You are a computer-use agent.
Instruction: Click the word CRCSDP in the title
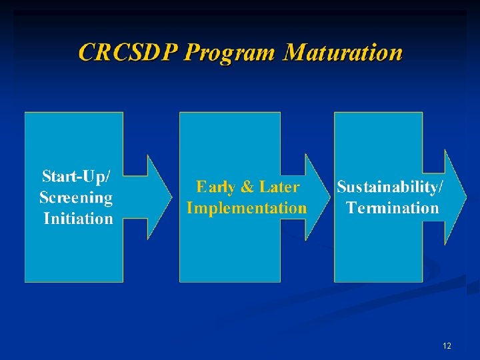click(127, 52)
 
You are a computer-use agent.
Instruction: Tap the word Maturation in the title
click(342, 52)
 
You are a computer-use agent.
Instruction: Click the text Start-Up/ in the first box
click(77, 177)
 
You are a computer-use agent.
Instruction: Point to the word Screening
click(76, 197)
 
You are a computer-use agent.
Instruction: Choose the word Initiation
click(78, 218)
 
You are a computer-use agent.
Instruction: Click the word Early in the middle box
click(215, 187)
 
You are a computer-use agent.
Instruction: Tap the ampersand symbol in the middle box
click(247, 187)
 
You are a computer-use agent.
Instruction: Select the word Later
click(279, 187)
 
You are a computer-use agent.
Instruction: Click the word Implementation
click(247, 208)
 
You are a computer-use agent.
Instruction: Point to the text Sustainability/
click(389, 187)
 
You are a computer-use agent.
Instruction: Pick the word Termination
click(393, 208)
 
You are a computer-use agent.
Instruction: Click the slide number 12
click(447, 346)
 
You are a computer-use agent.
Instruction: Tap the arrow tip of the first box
click(171, 197)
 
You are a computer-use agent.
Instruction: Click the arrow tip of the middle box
click(329, 197)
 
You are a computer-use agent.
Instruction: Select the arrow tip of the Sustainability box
click(465, 197)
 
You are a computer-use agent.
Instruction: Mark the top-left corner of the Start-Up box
click(25, 113)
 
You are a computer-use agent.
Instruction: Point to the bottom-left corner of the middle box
click(180, 282)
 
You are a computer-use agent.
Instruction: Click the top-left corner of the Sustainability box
click(335, 113)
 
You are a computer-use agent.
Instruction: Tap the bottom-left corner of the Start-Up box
click(25, 282)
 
